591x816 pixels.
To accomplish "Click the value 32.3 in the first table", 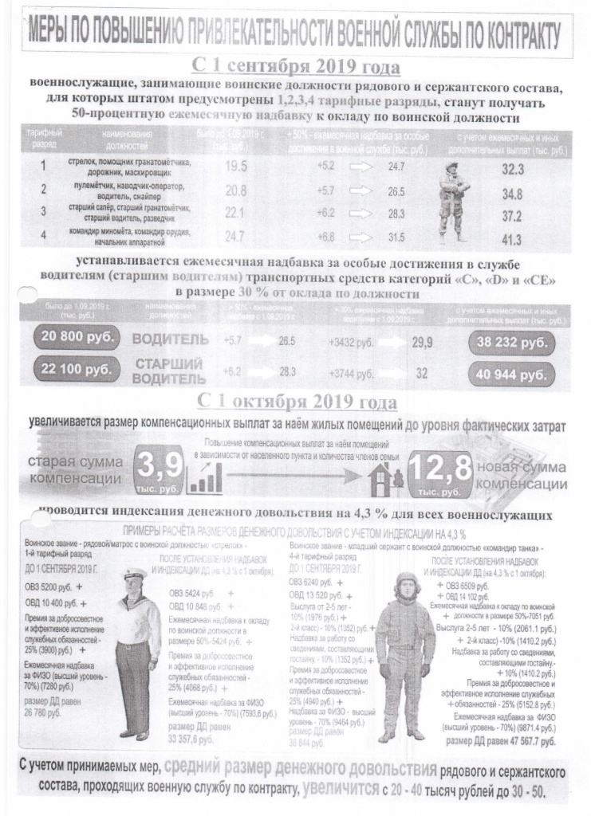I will click(x=512, y=169).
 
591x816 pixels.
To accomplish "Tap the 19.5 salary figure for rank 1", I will click(x=236, y=167).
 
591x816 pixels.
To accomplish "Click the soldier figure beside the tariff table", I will click(x=454, y=200).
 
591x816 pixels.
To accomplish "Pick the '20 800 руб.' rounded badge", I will click(x=77, y=338).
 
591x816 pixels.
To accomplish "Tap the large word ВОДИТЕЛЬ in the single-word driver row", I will click(x=169, y=340).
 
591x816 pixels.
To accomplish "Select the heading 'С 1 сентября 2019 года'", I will click(x=296, y=65).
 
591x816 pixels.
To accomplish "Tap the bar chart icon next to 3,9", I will click(x=205, y=479).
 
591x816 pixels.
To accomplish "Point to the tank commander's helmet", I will click(x=408, y=580).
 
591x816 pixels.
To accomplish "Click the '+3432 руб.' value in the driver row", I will click(x=352, y=342).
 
